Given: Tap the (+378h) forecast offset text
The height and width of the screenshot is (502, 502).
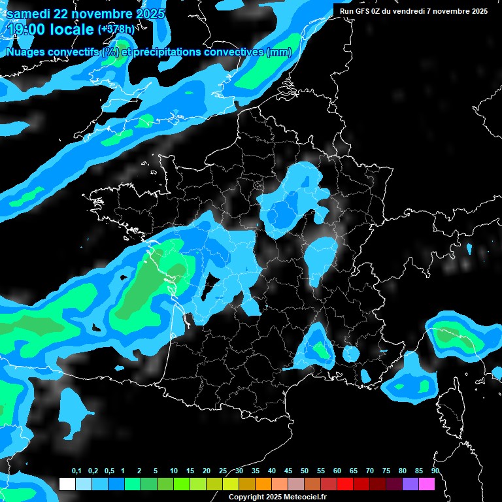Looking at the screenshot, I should [116, 29].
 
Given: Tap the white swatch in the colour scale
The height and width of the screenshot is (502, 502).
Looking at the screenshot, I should [67, 484].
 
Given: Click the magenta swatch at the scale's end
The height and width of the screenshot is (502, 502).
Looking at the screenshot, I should [427, 484].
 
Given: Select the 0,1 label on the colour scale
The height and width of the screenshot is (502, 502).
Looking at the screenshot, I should [76, 471].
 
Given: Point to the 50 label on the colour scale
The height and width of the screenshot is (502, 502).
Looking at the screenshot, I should [305, 471].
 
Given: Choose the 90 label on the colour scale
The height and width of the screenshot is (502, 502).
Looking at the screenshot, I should [435, 471].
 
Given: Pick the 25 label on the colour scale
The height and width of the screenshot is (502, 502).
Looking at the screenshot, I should [223, 471].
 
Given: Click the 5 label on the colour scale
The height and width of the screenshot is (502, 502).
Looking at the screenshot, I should [156, 471].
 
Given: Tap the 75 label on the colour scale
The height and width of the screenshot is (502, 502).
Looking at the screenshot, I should [386, 471].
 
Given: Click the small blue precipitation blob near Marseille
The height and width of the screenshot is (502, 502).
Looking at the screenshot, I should [351, 354].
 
